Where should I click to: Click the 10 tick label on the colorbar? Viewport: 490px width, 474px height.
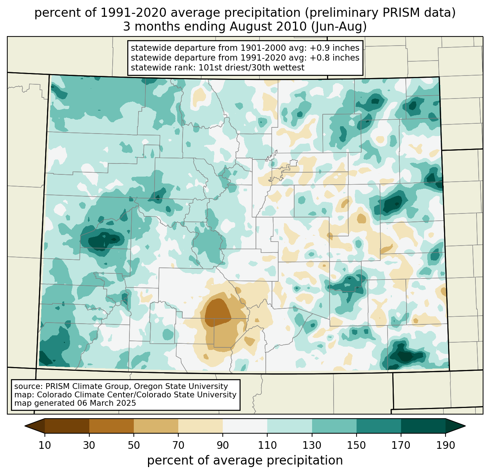[45, 446]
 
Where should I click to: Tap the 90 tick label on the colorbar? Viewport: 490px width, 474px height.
[223, 446]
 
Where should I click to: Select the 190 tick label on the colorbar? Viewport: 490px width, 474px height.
[445, 446]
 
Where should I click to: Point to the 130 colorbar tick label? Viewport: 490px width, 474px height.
[312, 446]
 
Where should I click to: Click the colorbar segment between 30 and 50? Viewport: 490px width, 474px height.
[112, 426]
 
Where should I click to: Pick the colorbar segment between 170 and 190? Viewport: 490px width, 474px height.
[423, 426]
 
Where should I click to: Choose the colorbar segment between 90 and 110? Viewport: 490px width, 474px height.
[245, 426]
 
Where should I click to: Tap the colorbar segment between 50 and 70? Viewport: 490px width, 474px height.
[156, 426]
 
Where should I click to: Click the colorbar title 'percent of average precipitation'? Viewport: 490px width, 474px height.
[245, 460]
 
